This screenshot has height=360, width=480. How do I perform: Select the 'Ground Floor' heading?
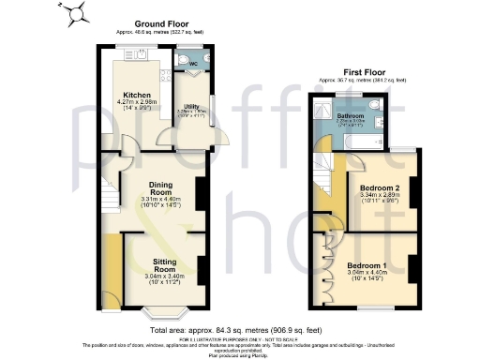click(x=162, y=22)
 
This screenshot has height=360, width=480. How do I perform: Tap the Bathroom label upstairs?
click(x=351, y=115)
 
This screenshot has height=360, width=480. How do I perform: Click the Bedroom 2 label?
click(x=381, y=187)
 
